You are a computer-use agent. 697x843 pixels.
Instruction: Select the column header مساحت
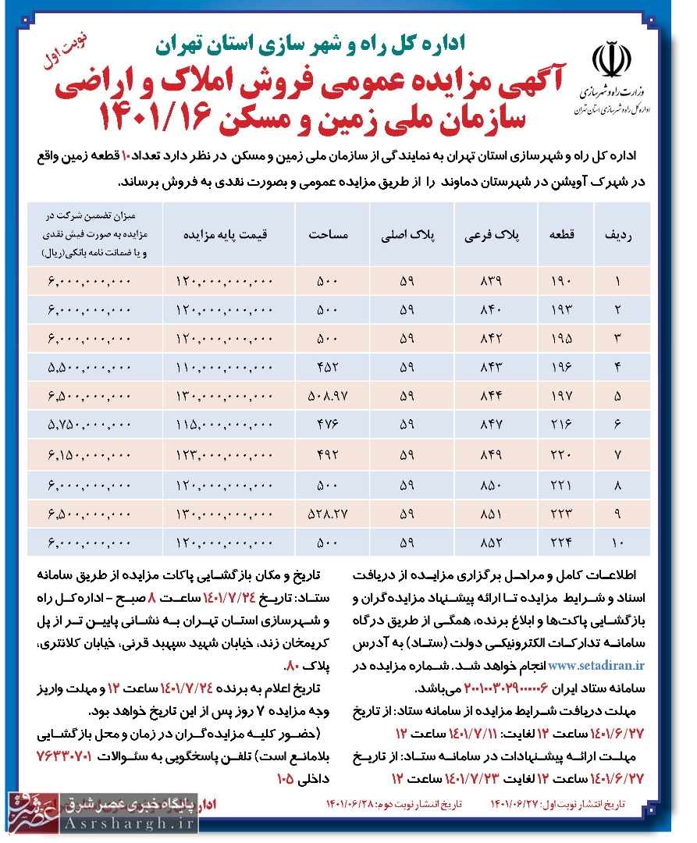[322, 234]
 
